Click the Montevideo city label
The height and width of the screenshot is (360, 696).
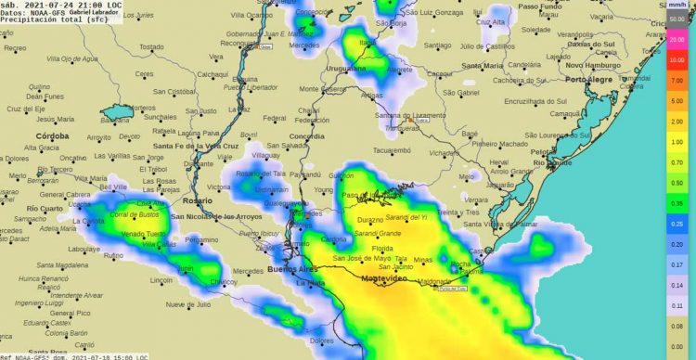(x=386, y=278)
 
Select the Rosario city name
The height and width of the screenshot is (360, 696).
(x=197, y=200)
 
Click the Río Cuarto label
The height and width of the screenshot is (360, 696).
(x=45, y=209)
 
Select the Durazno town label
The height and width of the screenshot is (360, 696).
(x=369, y=220)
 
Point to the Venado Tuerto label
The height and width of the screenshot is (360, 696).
(x=143, y=234)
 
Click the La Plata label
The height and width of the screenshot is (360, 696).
(x=310, y=282)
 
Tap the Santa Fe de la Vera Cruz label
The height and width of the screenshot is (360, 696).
(x=197, y=147)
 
